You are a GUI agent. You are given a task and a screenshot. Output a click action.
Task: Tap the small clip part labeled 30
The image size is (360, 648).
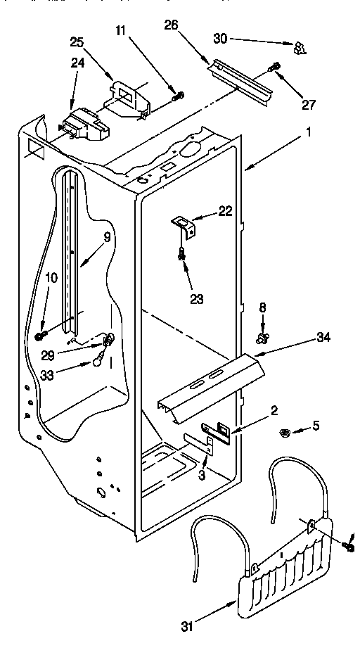tap(300, 47)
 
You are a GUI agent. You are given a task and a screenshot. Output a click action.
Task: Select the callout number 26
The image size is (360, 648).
tap(171, 26)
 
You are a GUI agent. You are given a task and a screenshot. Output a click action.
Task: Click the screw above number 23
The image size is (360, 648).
tap(183, 257)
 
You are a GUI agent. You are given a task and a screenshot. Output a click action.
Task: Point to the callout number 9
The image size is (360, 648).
tap(108, 237)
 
